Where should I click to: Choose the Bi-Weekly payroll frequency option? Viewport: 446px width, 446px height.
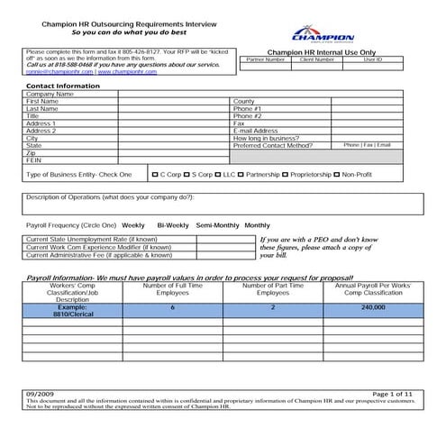pos(172,224)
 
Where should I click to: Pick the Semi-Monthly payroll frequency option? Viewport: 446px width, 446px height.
pos(217,224)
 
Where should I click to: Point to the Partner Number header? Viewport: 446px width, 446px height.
pos(265,59)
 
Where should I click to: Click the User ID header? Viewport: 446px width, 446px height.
pos(372,59)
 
